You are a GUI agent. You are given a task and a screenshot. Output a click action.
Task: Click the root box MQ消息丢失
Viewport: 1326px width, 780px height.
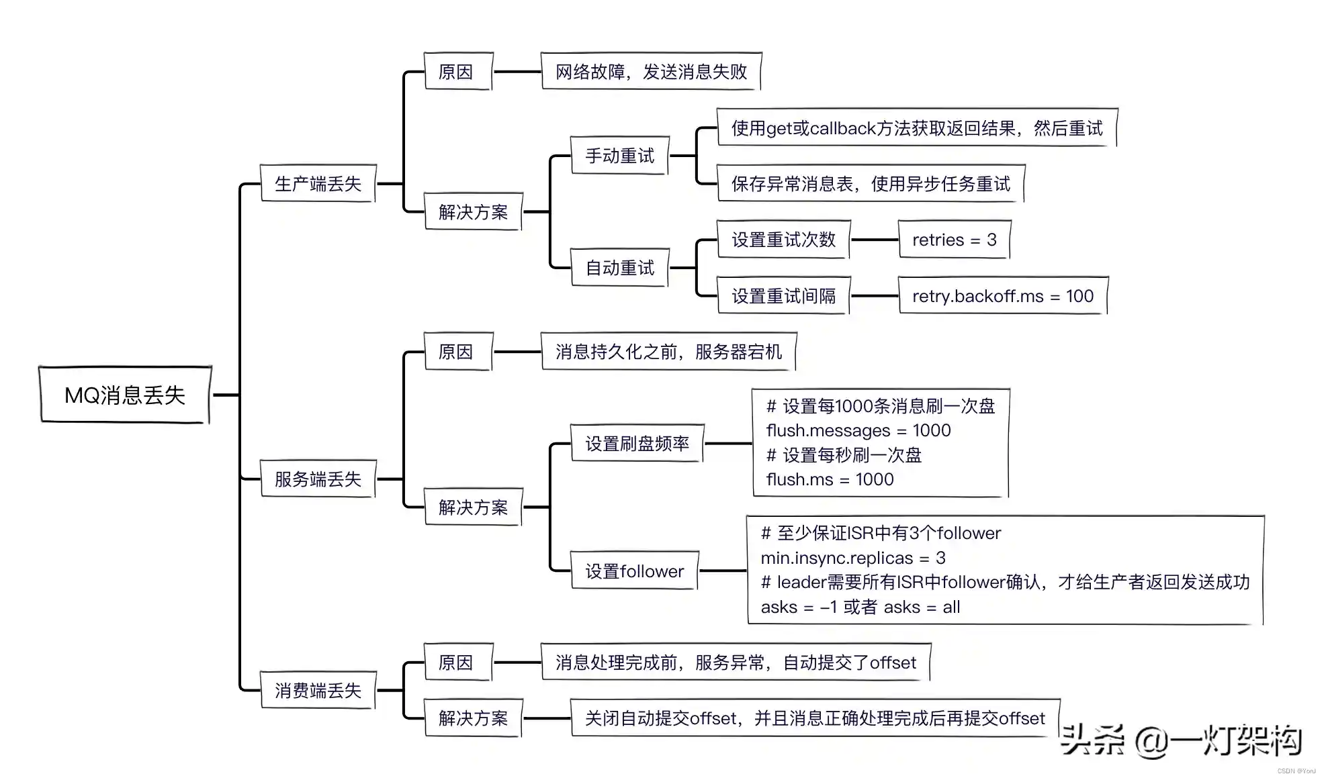(125, 395)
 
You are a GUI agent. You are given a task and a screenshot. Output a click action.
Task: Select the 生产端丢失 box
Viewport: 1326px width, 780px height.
(318, 183)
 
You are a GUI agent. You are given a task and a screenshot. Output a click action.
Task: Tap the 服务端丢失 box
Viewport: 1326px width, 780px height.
(318, 479)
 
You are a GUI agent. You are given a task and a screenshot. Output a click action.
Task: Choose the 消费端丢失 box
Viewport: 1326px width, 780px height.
(318, 690)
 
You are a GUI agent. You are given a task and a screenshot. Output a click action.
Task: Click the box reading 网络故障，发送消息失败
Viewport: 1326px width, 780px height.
(651, 71)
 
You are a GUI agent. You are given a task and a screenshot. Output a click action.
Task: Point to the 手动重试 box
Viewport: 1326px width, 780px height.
(619, 156)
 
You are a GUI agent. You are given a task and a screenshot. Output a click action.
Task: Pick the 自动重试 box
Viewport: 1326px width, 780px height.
(619, 268)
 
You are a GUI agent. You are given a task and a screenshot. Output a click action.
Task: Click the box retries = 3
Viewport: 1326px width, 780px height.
(954, 240)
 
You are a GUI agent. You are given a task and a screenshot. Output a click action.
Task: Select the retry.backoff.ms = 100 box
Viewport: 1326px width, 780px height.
(1003, 295)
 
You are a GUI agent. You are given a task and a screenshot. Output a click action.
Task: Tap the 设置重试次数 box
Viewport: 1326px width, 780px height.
(783, 240)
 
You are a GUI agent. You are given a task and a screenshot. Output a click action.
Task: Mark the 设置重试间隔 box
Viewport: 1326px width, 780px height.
(783, 295)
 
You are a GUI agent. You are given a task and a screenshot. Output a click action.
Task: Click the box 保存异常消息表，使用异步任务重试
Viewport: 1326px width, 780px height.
(871, 183)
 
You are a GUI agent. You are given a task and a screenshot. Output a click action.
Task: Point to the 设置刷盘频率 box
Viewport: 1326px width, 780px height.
(637, 443)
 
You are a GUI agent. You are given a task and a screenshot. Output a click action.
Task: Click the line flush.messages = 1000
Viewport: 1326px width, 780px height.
(858, 430)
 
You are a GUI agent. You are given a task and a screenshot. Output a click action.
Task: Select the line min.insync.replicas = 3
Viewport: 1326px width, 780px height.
(853, 558)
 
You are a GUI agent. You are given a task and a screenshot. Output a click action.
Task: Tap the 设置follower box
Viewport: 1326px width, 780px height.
(634, 571)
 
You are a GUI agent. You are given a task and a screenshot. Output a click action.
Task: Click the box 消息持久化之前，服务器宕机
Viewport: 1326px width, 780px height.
(668, 351)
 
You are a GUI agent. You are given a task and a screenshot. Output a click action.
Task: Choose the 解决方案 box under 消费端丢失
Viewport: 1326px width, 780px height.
(473, 718)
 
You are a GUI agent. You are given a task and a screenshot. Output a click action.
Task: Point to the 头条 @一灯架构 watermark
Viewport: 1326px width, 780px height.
(1181, 740)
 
